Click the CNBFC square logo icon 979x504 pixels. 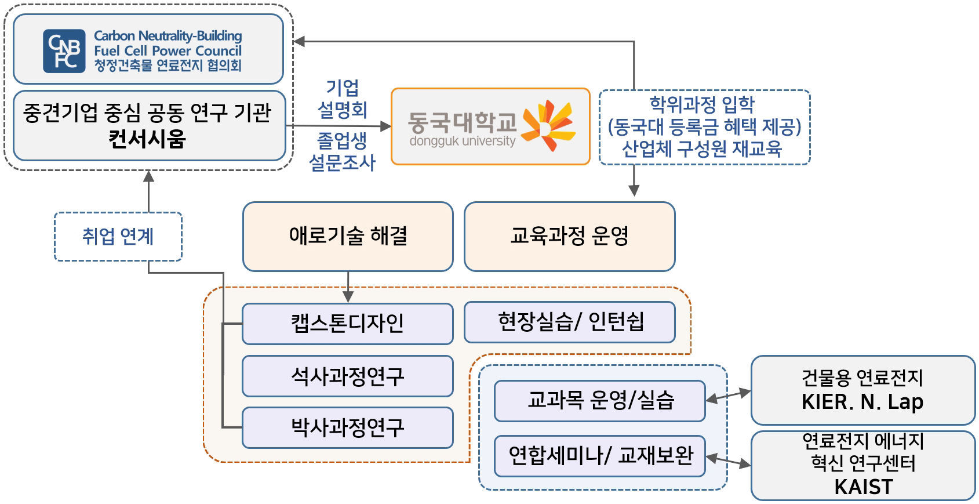tap(64, 50)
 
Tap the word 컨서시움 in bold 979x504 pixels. tap(147, 139)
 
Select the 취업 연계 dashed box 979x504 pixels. tap(118, 236)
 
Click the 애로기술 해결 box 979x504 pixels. tap(348, 236)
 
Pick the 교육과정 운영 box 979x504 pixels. tap(569, 236)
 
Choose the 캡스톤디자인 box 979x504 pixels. tap(347, 324)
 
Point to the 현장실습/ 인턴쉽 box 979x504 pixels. tap(570, 322)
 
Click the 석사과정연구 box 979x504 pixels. tap(347, 376)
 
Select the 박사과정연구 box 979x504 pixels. tap(347, 427)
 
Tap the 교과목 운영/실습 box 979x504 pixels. tap(599, 401)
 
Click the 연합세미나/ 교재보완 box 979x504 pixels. tap(599, 456)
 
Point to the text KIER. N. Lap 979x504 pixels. tap(862, 402)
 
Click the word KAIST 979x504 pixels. tap(863, 487)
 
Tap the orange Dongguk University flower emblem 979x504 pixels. tap(547, 125)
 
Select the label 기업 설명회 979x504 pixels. tap(342, 99)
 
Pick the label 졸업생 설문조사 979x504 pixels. tap(342, 151)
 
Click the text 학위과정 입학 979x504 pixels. tap(702, 104)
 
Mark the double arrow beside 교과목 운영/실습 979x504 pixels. tap(728, 396)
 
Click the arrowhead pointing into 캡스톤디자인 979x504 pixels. tap(348, 296)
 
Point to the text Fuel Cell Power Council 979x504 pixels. tap(168, 51)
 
